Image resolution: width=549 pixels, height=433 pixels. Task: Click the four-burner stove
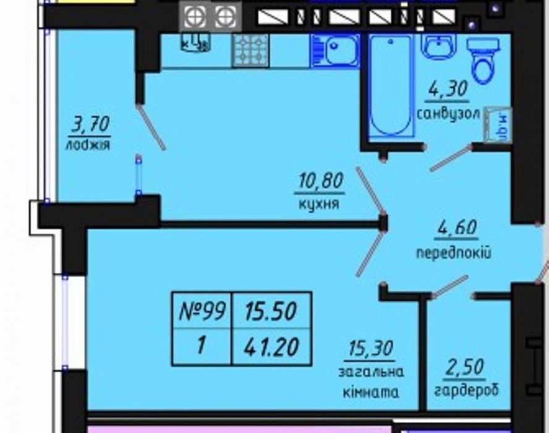point(250,50)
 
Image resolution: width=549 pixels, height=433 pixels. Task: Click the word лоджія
point(87,146)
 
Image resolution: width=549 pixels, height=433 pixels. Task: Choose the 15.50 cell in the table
point(271,310)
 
